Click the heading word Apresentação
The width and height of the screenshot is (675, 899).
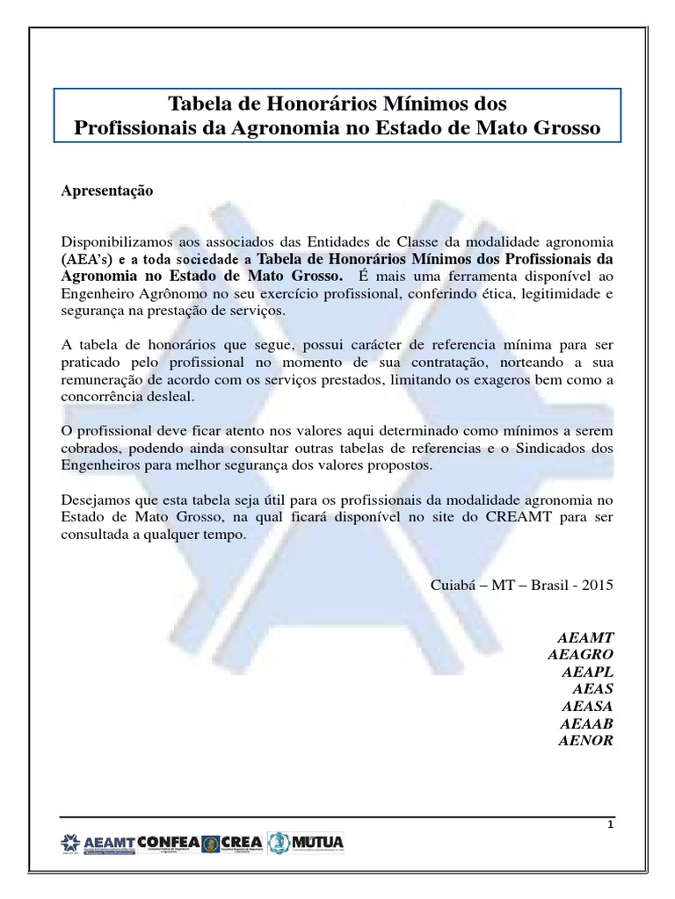tap(107, 191)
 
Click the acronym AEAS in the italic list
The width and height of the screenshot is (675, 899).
tap(593, 689)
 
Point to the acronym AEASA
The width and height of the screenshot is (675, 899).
tap(587, 706)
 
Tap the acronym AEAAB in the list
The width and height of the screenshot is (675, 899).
tap(586, 723)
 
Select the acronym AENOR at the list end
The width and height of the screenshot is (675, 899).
tap(586, 740)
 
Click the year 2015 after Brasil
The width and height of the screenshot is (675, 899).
tap(597, 586)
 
